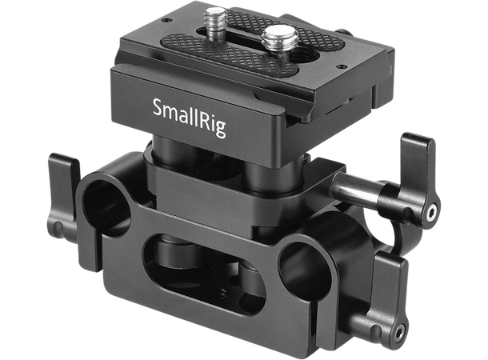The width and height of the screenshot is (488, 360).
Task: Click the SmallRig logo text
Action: [x=189, y=106]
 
